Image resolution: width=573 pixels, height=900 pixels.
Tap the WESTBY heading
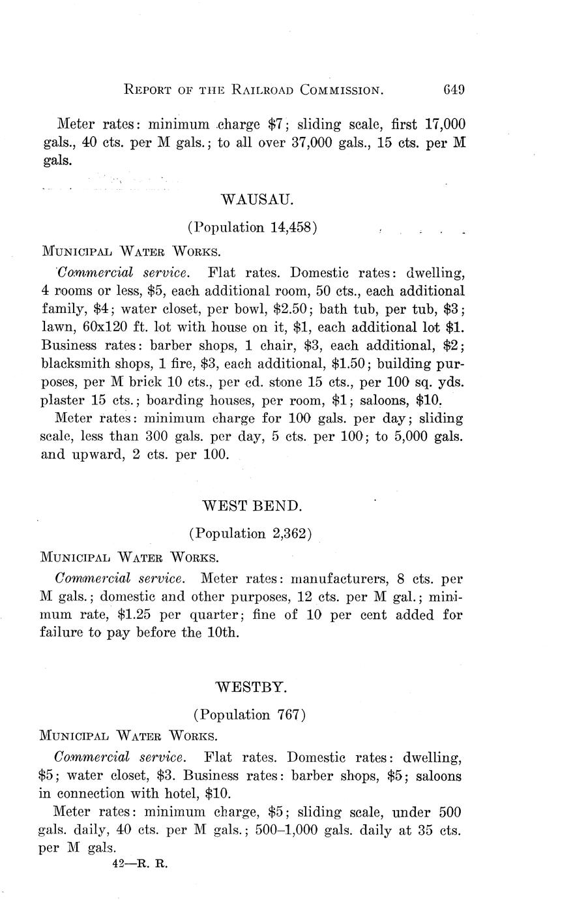251,686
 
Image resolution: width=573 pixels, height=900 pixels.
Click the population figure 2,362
285,533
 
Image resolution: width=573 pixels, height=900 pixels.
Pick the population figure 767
288,714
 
